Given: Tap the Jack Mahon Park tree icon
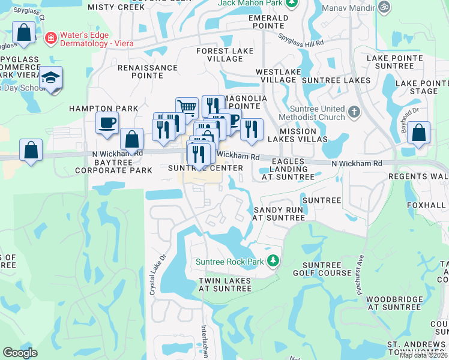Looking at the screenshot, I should pyautogui.click(x=291, y=4).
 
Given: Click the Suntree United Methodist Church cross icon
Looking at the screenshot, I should pyautogui.click(x=354, y=112).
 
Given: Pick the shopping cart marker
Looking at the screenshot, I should pyautogui.click(x=187, y=109).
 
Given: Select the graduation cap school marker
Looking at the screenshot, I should pyautogui.click(x=50, y=79).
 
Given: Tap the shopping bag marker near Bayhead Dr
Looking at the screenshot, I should pyautogui.click(x=419, y=133).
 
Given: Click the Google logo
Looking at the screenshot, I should pyautogui.click(x=20, y=353).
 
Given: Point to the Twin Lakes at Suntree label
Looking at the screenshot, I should pyautogui.click(x=224, y=284).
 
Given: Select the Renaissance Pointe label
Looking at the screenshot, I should pyautogui.click(x=148, y=72).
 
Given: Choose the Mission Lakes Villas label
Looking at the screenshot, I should pyautogui.click(x=298, y=135).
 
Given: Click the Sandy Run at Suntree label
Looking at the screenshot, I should pyautogui.click(x=279, y=214).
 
